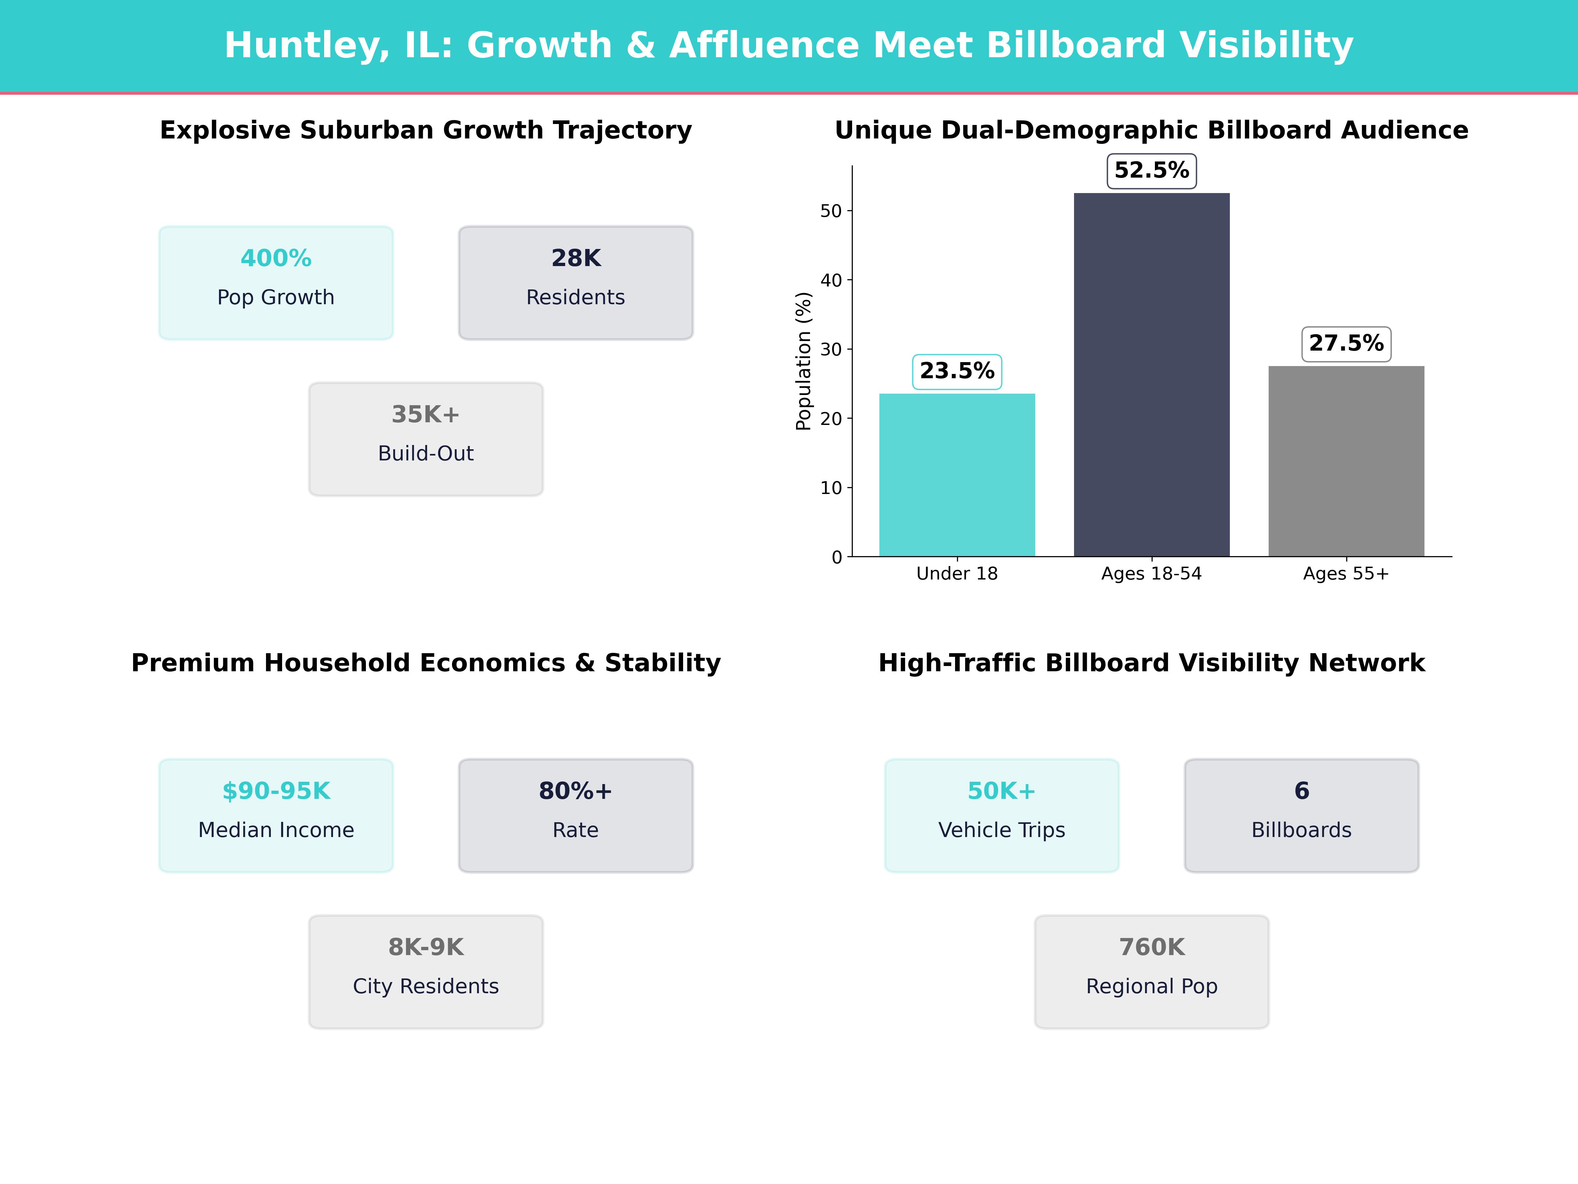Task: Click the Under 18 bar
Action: coord(957,475)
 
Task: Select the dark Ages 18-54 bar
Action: coord(1151,375)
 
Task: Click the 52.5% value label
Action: coord(1151,171)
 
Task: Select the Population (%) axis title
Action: coord(804,361)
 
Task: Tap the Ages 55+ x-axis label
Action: coord(1346,574)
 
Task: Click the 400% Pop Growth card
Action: coord(276,283)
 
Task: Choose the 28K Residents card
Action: coord(576,283)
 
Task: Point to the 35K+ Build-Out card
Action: coord(426,439)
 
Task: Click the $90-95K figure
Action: coord(276,791)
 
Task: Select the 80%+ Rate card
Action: coord(576,815)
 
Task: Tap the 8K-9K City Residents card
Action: coord(426,971)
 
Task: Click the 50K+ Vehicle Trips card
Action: coord(1002,815)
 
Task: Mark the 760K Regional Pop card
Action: coord(1151,971)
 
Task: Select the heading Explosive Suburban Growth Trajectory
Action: coord(426,131)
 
